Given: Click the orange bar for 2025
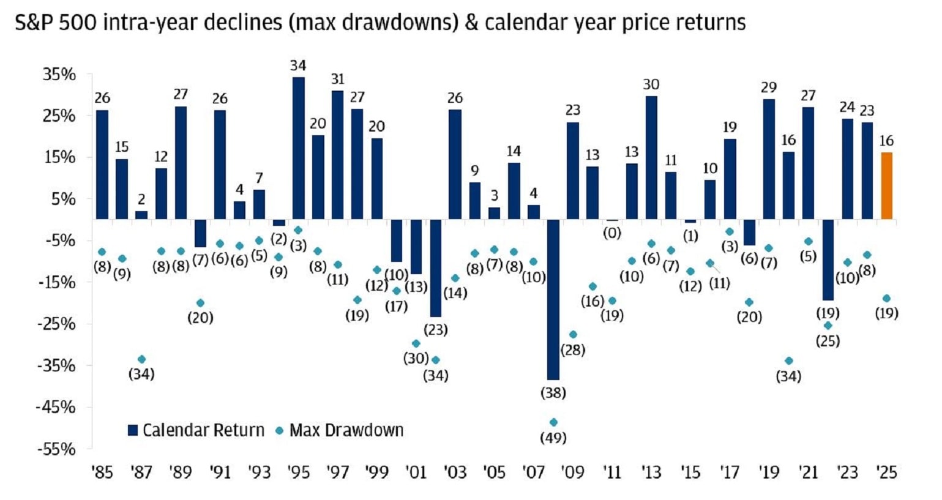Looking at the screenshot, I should [886, 185].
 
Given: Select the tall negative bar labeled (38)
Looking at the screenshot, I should [553, 299].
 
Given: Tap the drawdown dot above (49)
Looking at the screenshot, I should [553, 422].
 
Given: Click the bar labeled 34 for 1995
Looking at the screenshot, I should [298, 148].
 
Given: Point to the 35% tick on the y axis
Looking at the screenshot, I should [59, 75].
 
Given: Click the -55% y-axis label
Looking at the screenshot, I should [56, 449].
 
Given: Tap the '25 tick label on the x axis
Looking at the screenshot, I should [886, 472].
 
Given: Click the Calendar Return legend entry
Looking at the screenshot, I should [196, 430].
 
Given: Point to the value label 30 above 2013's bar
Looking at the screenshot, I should [651, 84].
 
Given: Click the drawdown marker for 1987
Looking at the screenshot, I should [141, 359].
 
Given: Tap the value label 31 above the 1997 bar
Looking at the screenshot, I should [337, 79].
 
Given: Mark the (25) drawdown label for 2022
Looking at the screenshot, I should [828, 341].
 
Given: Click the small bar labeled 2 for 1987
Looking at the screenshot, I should [141, 215].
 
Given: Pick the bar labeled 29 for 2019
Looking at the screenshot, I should [769, 159].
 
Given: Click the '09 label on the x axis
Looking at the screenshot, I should [572, 472].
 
